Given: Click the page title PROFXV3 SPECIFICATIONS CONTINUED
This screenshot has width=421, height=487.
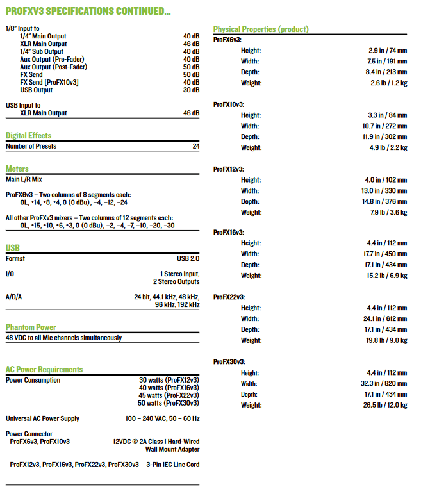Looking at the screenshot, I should click(88, 12).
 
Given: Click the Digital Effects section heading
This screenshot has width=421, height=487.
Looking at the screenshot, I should click(28, 136).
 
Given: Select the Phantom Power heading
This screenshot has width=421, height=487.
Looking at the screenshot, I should click(31, 327).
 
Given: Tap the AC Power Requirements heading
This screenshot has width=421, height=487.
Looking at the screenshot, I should click(44, 370).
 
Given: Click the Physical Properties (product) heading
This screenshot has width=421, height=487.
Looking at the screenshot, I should click(261, 29).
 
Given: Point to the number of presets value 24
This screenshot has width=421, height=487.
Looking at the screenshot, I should click(195, 147).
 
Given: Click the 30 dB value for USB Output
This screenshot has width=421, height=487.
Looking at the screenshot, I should click(191, 90).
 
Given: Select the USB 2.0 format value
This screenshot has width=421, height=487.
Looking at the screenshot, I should click(188, 259).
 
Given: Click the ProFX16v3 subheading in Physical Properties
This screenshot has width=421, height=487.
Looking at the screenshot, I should click(228, 232).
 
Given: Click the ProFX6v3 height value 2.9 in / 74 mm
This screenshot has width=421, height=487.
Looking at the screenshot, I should click(388, 50).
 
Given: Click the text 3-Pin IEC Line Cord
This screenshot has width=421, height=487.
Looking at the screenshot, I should click(172, 465).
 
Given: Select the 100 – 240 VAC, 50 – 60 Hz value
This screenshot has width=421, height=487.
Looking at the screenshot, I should click(162, 418).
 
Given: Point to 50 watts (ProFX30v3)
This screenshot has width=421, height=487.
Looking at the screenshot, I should click(168, 403).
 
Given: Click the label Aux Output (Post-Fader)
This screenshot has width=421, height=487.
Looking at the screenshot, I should click(53, 67).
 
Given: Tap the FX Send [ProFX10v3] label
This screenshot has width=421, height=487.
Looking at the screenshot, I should click(49, 83).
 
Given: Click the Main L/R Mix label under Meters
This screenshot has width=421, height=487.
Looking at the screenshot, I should click(24, 179).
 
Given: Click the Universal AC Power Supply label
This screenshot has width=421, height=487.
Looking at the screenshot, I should click(42, 418).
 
